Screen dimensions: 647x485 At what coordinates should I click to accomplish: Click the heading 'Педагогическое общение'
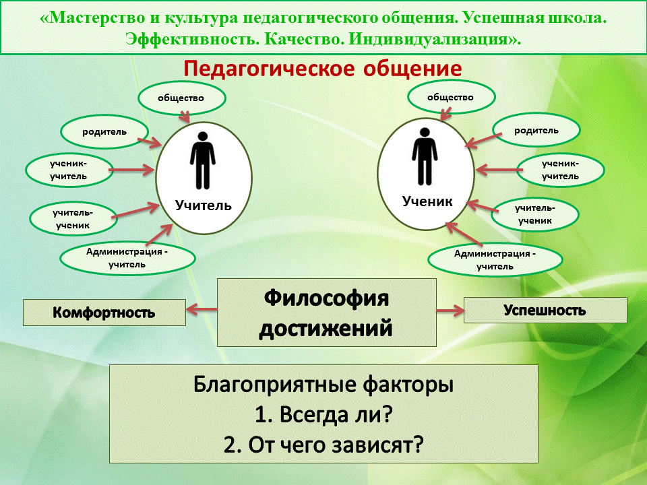(x=323, y=69)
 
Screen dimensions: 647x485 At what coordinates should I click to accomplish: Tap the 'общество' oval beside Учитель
(x=181, y=98)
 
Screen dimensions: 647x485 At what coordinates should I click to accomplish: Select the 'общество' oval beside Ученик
(x=450, y=98)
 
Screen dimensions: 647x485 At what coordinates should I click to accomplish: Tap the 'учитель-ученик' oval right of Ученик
(x=535, y=214)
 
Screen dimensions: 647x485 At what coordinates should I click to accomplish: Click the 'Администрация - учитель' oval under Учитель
(x=127, y=257)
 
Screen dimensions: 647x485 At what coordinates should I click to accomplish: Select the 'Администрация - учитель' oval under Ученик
(x=495, y=260)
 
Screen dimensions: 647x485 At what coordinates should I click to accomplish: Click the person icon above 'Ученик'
(x=423, y=157)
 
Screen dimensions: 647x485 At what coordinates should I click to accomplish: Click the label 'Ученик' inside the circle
(x=427, y=201)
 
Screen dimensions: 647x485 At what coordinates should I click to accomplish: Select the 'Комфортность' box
(x=104, y=313)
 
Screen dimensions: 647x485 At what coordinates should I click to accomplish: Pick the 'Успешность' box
(x=545, y=311)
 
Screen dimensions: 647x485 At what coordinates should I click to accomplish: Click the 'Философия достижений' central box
(x=326, y=313)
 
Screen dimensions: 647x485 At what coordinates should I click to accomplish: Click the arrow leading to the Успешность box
(x=450, y=311)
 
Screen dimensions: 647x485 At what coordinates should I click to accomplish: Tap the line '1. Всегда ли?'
(x=323, y=415)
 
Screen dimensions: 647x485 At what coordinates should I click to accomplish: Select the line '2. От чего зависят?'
(x=323, y=445)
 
